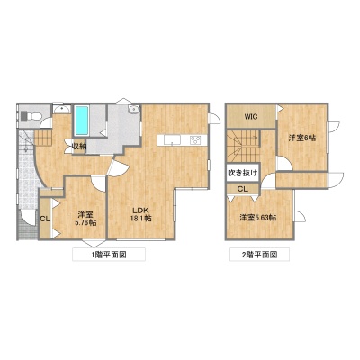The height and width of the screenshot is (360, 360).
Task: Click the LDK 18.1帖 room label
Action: [140, 214]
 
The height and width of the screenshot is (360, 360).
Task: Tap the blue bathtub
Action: [82, 121]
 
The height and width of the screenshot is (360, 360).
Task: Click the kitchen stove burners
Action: [195, 139]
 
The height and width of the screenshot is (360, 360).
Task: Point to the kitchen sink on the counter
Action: [172, 139]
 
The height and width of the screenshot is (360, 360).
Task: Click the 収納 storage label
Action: [79, 147]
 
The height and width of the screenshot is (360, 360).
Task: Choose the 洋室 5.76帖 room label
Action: [85, 219]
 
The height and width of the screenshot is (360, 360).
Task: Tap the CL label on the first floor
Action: [45, 219]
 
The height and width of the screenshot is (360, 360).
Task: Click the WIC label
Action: [251, 117]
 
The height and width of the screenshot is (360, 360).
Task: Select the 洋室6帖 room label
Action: [301, 138]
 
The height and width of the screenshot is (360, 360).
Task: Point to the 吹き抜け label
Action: [242, 173]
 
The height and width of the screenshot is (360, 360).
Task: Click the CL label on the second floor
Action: [243, 189]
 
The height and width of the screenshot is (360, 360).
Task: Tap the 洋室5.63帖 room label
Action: [258, 218]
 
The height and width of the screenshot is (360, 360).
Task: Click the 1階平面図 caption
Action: [109, 255]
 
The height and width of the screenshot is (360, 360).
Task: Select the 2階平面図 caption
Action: [259, 255]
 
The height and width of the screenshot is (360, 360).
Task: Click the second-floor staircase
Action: [242, 146]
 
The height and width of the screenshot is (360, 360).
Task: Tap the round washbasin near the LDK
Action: [133, 110]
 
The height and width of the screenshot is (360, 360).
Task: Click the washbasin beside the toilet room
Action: [62, 109]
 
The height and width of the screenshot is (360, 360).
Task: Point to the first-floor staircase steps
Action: [43, 138]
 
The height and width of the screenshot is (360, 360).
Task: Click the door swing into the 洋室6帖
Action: [284, 163]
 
